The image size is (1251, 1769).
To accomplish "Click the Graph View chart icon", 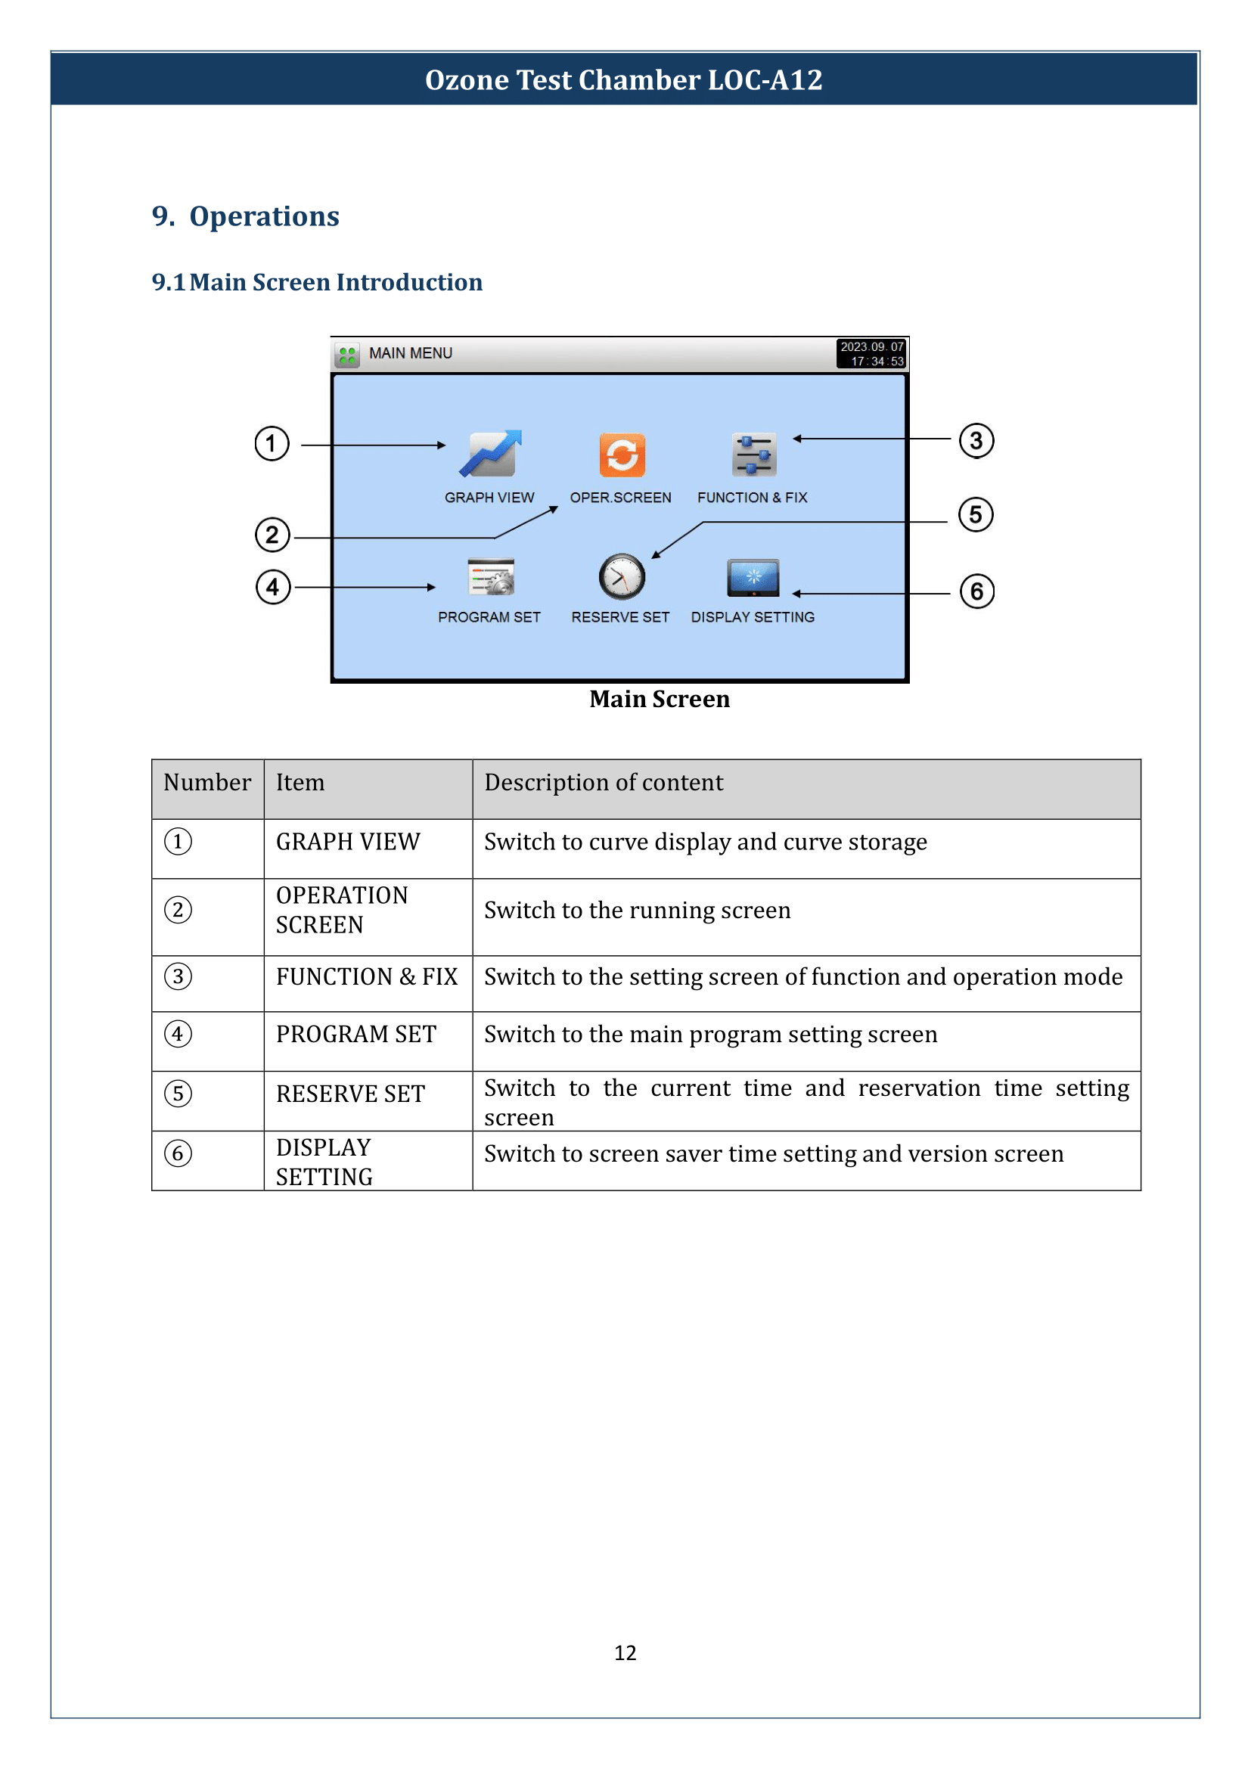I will (x=491, y=454).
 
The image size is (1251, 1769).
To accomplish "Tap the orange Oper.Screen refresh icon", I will (x=622, y=455).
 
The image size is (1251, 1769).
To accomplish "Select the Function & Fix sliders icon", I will (x=753, y=455).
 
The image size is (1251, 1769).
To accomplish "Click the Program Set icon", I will (x=491, y=577).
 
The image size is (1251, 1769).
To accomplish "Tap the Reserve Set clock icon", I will (x=622, y=576).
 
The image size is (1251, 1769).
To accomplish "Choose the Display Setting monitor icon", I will (x=753, y=578).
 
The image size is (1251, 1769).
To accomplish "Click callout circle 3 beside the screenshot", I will (x=976, y=441).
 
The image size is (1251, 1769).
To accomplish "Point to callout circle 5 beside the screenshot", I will (x=975, y=515).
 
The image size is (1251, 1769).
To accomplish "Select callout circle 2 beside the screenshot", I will (x=272, y=535).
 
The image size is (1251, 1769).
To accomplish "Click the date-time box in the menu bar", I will (x=871, y=354).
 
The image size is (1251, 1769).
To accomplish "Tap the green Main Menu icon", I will (x=347, y=355).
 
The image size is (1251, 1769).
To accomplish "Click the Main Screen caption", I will (x=660, y=699).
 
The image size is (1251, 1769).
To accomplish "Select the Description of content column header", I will (x=603, y=783).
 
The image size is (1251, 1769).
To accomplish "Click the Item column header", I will (x=300, y=783).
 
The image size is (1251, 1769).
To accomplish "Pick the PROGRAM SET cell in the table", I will (x=356, y=1034).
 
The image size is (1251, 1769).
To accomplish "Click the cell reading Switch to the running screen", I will (x=637, y=911).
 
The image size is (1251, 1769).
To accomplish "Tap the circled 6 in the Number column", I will (x=178, y=1153).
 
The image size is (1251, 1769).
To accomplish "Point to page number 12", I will (x=625, y=1653).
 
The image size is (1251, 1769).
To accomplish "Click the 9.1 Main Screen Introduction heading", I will (x=317, y=282).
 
